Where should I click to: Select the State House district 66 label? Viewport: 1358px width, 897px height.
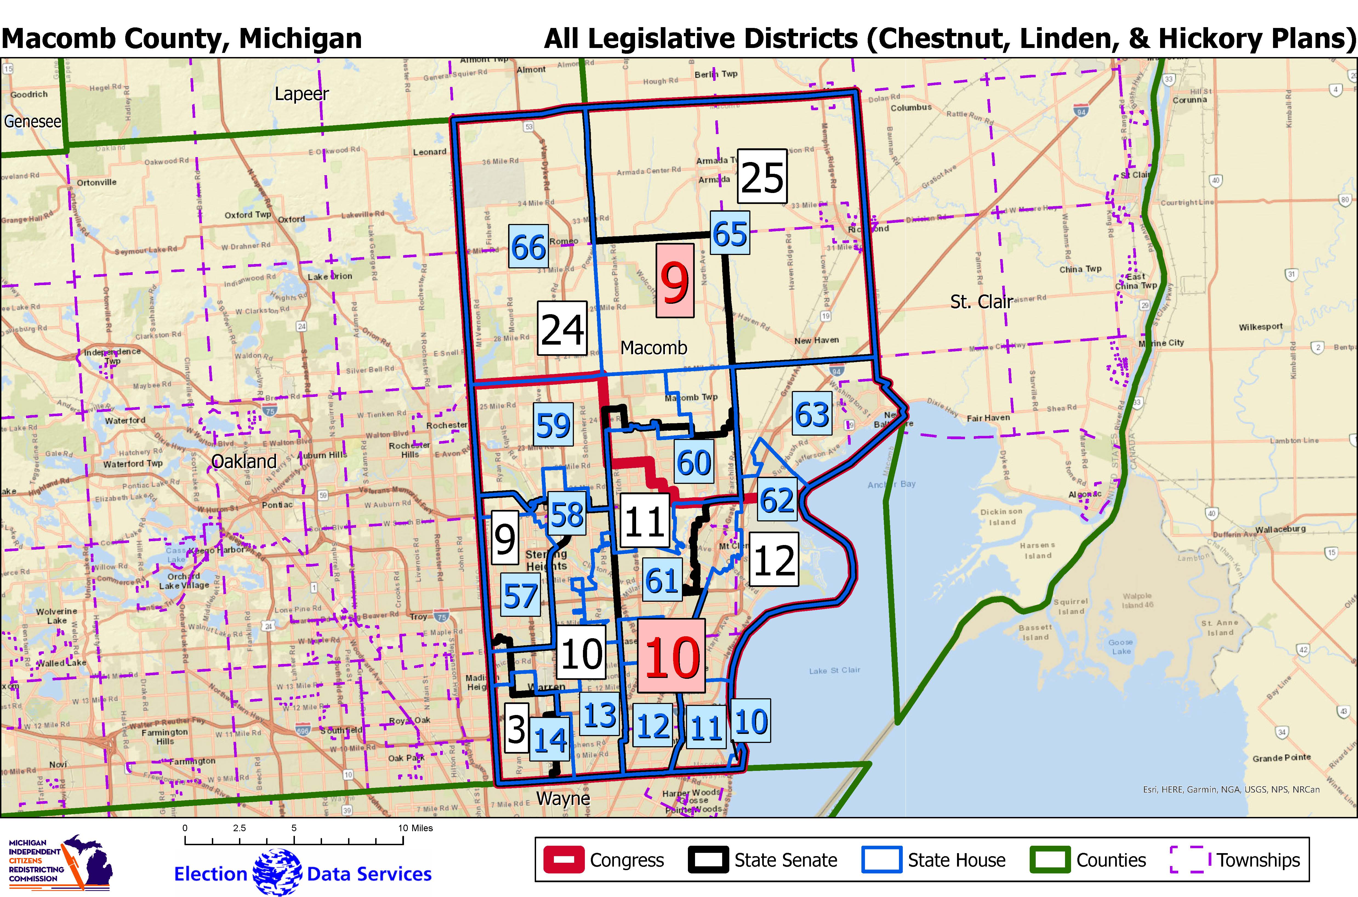pos(528,246)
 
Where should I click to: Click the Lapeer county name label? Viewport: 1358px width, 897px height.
pos(301,94)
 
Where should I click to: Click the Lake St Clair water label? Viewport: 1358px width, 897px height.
pos(834,670)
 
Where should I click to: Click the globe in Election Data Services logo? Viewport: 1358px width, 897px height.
pos(277,872)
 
